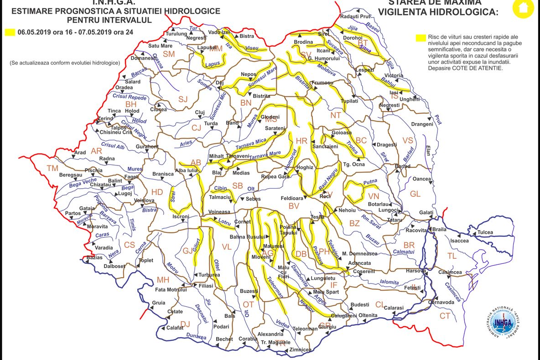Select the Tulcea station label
coord(485,232)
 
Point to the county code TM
coord(53,169)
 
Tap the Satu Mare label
coord(160,46)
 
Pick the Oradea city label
coord(124,87)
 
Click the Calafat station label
coord(175,328)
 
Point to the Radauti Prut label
coord(354,16)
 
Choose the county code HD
coord(157,192)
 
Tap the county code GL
coord(415,194)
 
